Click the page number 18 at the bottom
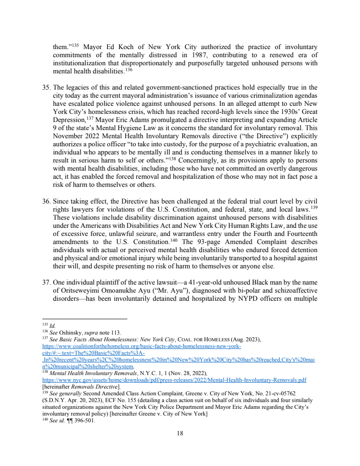180,433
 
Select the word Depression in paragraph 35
70,120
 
